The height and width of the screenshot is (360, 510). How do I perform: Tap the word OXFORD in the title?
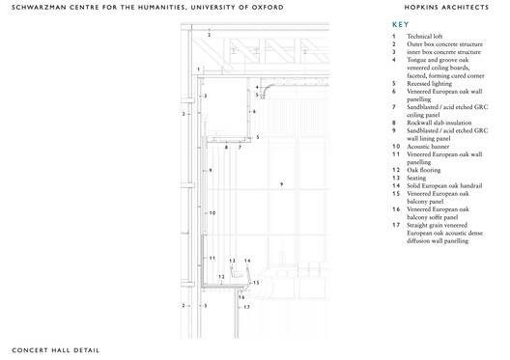click(x=267, y=7)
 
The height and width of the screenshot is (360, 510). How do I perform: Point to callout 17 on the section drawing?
click(x=246, y=307)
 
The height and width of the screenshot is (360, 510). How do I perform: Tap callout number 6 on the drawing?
click(x=254, y=112)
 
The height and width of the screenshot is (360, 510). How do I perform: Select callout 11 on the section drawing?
click(x=212, y=259)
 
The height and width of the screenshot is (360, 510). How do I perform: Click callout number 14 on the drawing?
click(x=247, y=261)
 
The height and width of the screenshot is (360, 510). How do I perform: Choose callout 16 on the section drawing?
click(x=241, y=297)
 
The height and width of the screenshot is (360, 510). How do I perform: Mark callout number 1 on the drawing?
click(x=197, y=69)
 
